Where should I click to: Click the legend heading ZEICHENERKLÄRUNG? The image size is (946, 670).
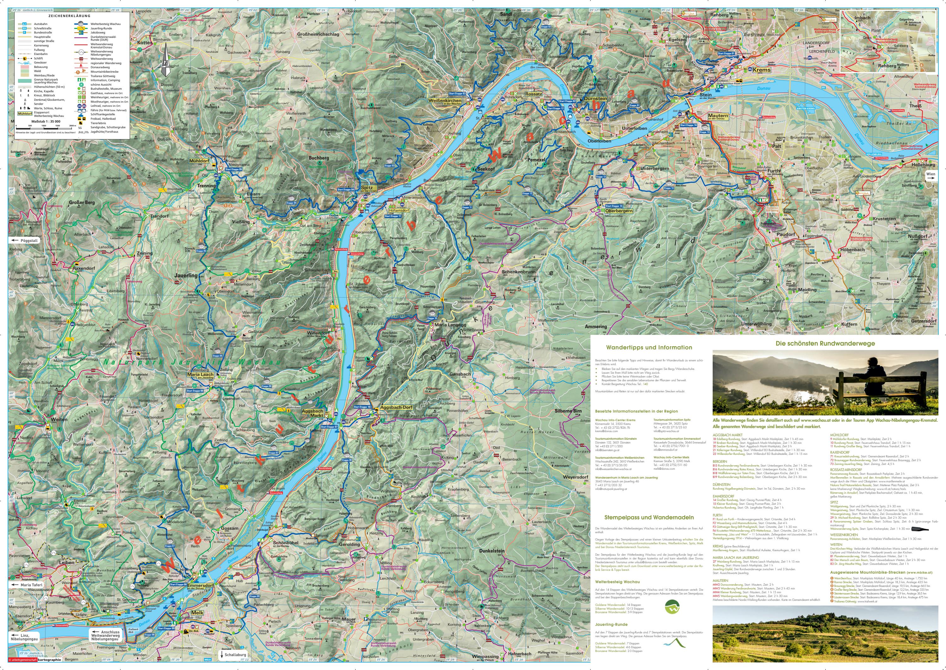click(x=69, y=16)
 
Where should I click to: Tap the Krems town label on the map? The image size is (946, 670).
click(x=761, y=70)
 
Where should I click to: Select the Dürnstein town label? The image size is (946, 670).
click(x=596, y=99)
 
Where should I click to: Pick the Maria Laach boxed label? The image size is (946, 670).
click(x=201, y=375)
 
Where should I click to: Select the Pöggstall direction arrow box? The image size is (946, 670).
click(x=24, y=240)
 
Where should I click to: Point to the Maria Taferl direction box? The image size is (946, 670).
click(x=28, y=585)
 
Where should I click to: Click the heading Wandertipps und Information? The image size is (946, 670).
click(x=649, y=347)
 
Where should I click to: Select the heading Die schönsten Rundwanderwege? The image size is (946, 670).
click(x=818, y=343)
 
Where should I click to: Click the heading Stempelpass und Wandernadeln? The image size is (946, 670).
click(x=649, y=517)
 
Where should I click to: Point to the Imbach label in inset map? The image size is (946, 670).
click(x=862, y=18)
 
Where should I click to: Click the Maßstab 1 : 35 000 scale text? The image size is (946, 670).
click(x=45, y=121)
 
